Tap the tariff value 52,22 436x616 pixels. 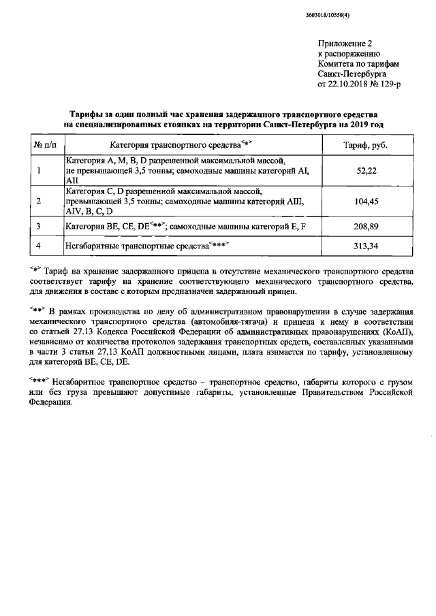pyautogui.click(x=367, y=170)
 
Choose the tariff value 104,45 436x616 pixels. pyautogui.click(x=367, y=201)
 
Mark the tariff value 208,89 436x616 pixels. pyautogui.click(x=367, y=225)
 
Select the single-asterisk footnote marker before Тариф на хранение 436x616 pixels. pyautogui.click(x=36, y=268)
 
